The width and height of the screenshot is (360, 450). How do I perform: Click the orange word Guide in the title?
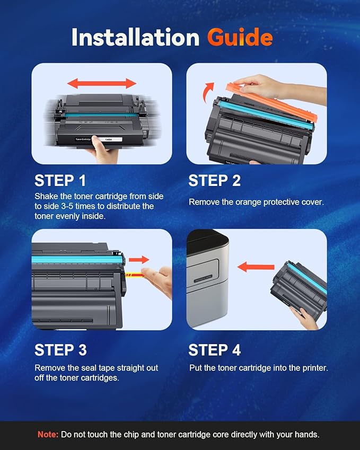point(240,38)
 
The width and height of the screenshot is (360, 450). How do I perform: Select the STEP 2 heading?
point(214,181)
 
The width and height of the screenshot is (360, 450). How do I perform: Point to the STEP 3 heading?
point(60,350)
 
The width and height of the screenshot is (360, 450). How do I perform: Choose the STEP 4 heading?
point(215,350)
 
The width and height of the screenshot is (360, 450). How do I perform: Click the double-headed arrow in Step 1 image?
point(102,83)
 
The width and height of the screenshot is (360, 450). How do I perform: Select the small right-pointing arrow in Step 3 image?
point(139,260)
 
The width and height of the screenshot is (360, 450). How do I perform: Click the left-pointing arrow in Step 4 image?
point(256,267)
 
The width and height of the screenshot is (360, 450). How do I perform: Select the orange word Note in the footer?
point(48,434)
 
